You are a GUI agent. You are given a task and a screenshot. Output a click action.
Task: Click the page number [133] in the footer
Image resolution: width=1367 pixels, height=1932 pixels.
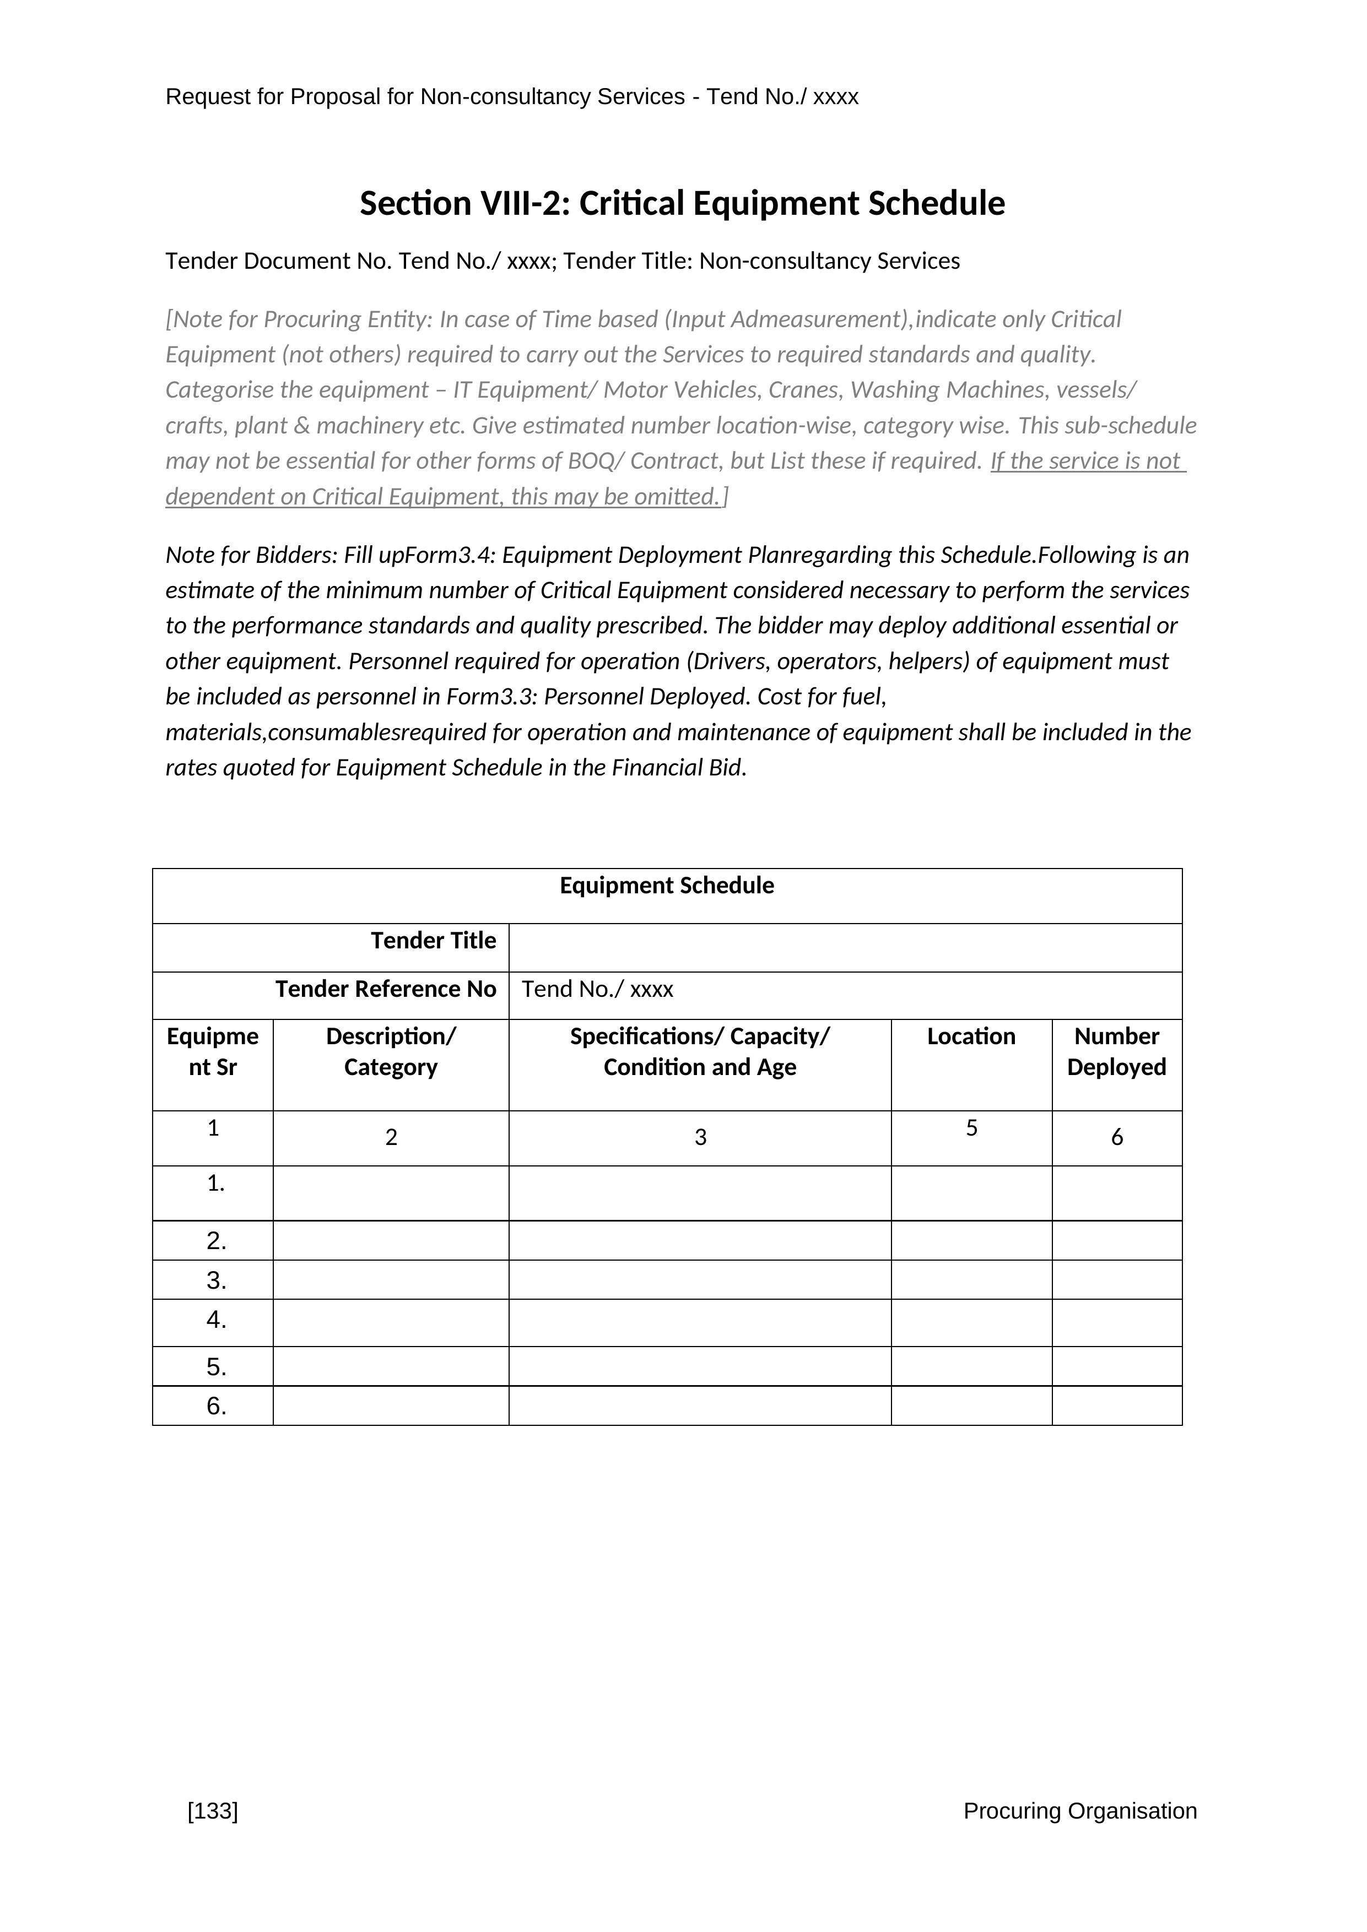pyautogui.click(x=213, y=1811)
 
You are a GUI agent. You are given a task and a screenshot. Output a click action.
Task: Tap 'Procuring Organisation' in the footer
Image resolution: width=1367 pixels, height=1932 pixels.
pyautogui.click(x=1079, y=1811)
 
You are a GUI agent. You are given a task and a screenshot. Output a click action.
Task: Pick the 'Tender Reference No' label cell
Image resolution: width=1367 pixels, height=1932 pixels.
pyautogui.click(x=386, y=989)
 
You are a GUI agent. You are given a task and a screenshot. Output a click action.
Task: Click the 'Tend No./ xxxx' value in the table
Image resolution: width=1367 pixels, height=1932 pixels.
pyautogui.click(x=597, y=989)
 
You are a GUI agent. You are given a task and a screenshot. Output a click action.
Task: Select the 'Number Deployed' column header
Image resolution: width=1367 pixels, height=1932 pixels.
pyautogui.click(x=1116, y=1052)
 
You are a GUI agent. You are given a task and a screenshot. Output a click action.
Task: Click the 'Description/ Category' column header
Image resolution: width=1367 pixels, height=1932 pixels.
pyautogui.click(x=391, y=1052)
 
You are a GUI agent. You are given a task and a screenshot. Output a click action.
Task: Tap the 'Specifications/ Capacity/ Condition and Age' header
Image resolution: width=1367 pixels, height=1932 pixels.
pyautogui.click(x=700, y=1052)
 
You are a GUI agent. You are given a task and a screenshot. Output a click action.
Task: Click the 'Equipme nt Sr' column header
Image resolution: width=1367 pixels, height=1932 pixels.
pyautogui.click(x=213, y=1052)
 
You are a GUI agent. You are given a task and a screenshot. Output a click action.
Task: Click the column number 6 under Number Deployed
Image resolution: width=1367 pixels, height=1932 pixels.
pyautogui.click(x=1116, y=1138)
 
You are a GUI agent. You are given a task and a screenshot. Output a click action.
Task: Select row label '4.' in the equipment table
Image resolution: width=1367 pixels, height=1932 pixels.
pyautogui.click(x=217, y=1320)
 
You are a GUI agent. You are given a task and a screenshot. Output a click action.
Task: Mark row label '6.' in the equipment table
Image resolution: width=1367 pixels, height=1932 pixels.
pyautogui.click(x=217, y=1406)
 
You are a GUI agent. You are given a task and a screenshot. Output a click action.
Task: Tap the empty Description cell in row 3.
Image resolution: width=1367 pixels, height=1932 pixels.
pyautogui.click(x=391, y=1280)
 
